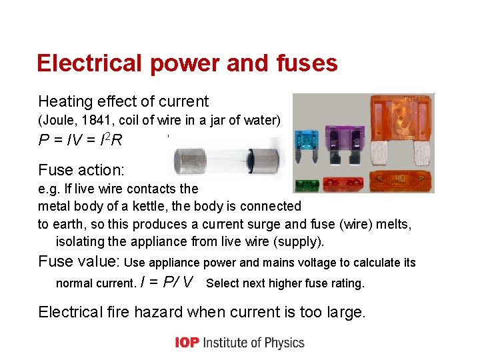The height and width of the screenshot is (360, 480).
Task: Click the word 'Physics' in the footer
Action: pyautogui.click(x=281, y=343)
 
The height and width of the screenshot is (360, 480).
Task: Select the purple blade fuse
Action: pyautogui.click(x=349, y=137)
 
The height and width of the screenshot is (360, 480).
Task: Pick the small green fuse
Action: pyautogui.click(x=307, y=185)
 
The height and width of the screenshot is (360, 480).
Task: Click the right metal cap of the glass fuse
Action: pyautogui.click(x=270, y=160)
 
